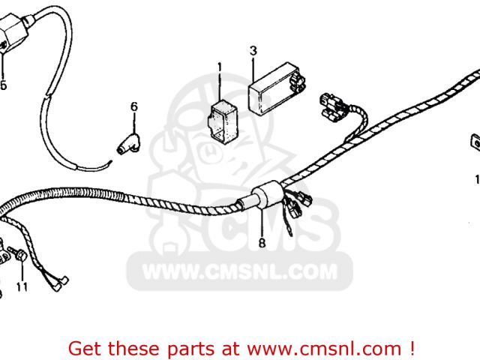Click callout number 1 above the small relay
[x=220, y=67]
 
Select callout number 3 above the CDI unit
[x=253, y=51]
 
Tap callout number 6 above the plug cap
[x=134, y=106]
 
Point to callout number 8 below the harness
[x=262, y=243]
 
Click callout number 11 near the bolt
[x=21, y=286]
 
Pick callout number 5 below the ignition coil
[x=3, y=85]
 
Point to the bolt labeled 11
[x=20, y=258]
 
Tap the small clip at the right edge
[x=475, y=141]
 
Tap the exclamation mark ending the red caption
[x=412, y=349]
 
